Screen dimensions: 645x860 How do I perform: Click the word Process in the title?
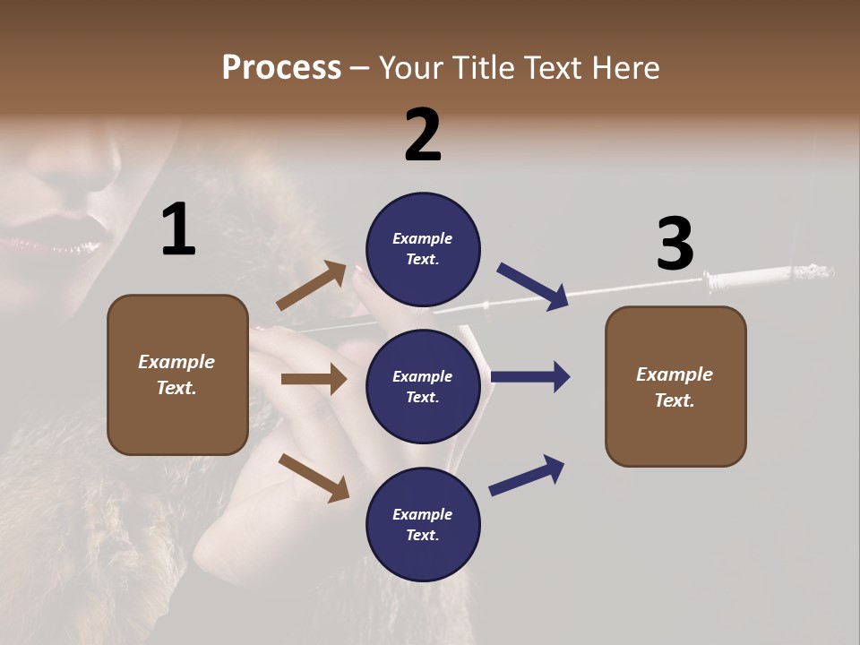[281, 68]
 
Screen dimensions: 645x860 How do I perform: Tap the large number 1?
[178, 230]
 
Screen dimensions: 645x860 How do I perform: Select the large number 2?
[423, 135]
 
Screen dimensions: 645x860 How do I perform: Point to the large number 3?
[675, 245]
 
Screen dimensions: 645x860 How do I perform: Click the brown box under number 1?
[177, 374]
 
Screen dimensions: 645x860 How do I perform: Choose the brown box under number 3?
[675, 386]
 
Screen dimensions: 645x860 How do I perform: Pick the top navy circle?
[423, 249]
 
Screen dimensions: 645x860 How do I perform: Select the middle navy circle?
[423, 386]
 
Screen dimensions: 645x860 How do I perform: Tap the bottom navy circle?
[423, 524]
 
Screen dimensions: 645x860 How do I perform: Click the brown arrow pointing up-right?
[312, 286]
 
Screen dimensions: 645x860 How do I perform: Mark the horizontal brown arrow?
[314, 379]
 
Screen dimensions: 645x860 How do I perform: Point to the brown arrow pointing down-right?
[314, 477]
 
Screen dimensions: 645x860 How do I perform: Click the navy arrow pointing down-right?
[533, 286]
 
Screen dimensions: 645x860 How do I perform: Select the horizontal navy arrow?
[530, 377]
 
